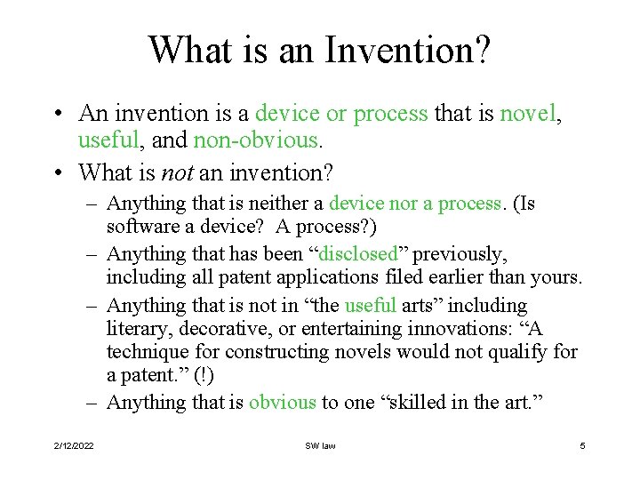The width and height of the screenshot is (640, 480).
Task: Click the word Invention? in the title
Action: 406,50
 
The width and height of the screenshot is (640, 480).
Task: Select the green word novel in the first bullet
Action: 531,114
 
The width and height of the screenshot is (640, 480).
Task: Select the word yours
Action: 554,278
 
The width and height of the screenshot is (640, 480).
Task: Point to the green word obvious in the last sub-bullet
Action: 282,402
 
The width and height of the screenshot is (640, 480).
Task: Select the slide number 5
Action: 582,445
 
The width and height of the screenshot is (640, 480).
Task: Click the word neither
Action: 291,204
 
